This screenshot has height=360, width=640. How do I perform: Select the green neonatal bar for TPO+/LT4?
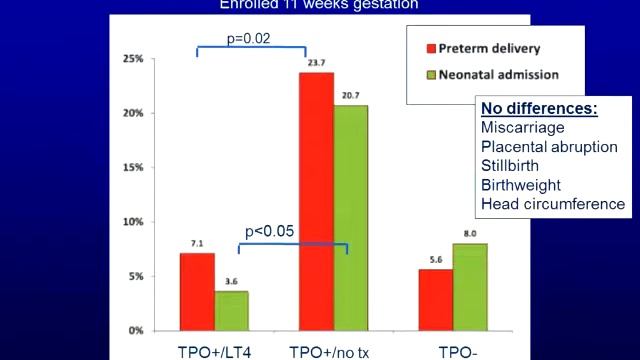(231, 310)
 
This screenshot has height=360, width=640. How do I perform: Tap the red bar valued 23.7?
(316, 201)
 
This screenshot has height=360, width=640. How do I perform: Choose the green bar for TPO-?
(469, 286)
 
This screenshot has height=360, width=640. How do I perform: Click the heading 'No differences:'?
(539, 108)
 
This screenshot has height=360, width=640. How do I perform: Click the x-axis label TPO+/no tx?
(333, 350)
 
